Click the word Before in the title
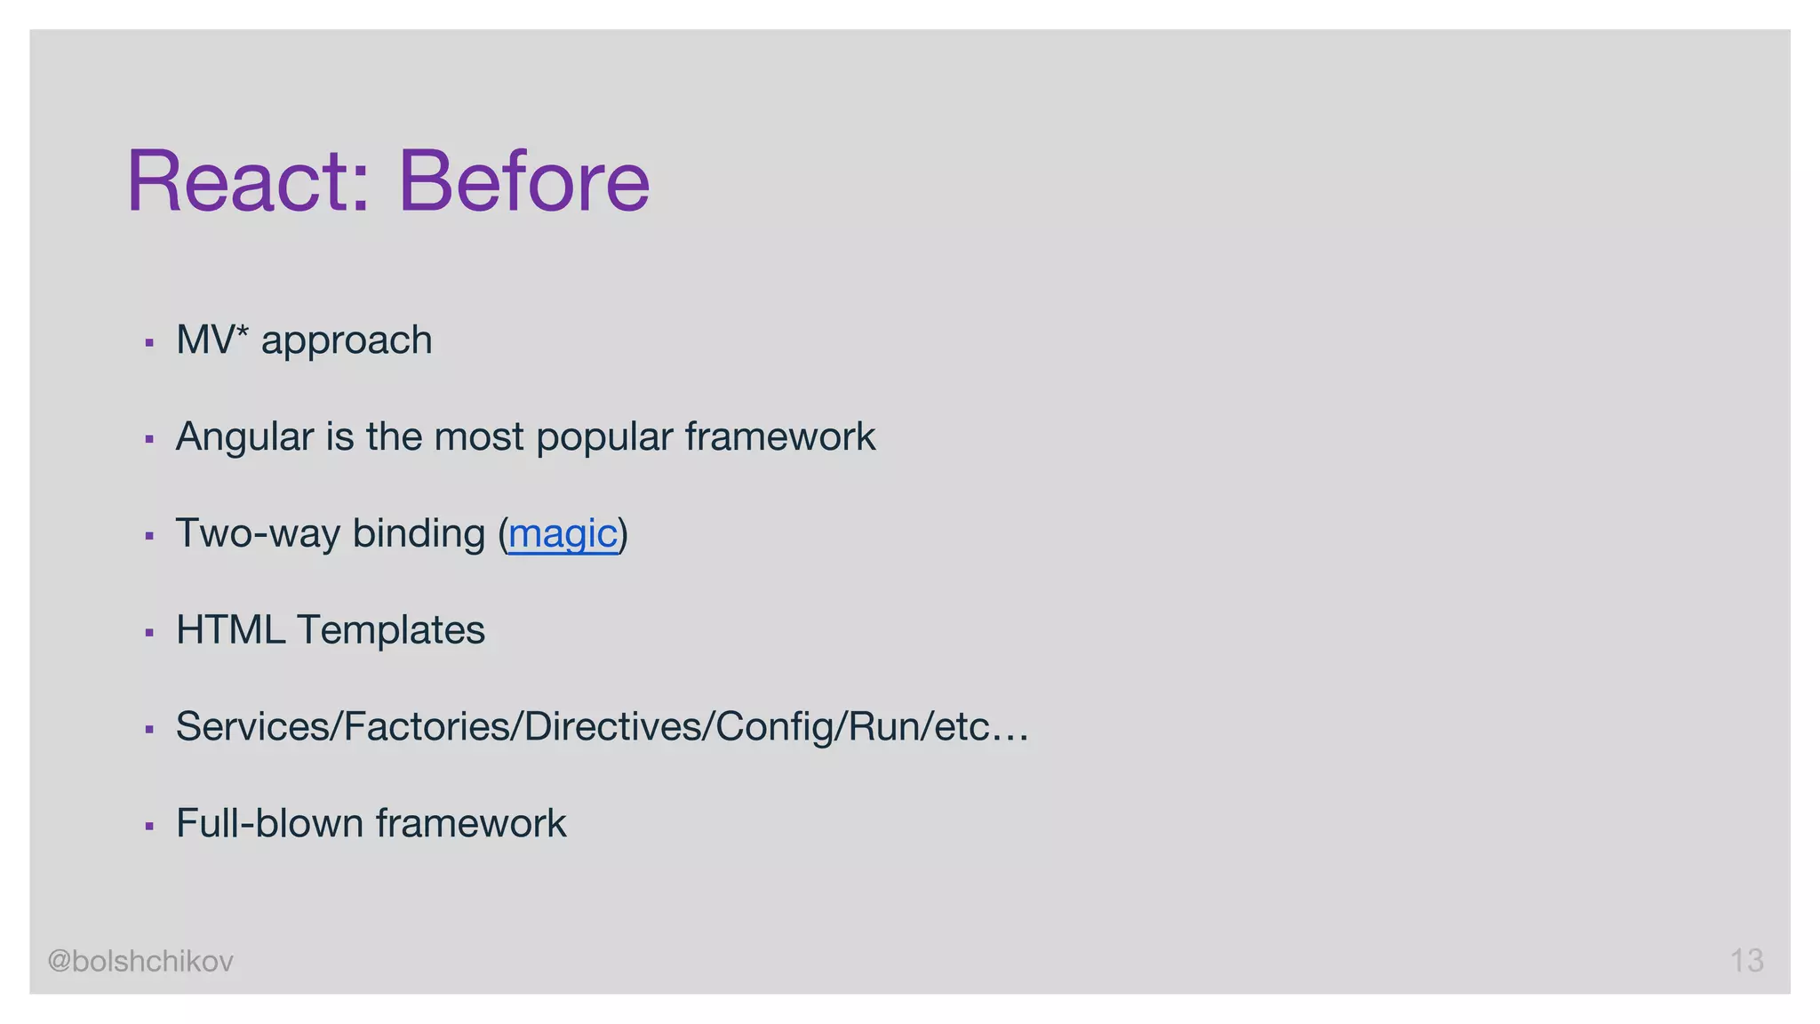[x=523, y=181]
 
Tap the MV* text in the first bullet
[x=212, y=340]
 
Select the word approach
[x=347, y=341]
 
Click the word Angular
[x=244, y=437]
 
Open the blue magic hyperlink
[x=563, y=534]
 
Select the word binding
[x=419, y=534]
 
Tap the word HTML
[x=230, y=630]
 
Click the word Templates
[x=391, y=631]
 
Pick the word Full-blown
[x=270, y=823]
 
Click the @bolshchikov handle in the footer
[x=140, y=961]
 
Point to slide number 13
[x=1746, y=961]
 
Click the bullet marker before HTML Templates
[x=149, y=633]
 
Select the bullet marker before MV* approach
[x=149, y=343]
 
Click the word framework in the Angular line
[x=779, y=437]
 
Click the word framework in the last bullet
[x=470, y=823]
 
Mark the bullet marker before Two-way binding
[x=149, y=536]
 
